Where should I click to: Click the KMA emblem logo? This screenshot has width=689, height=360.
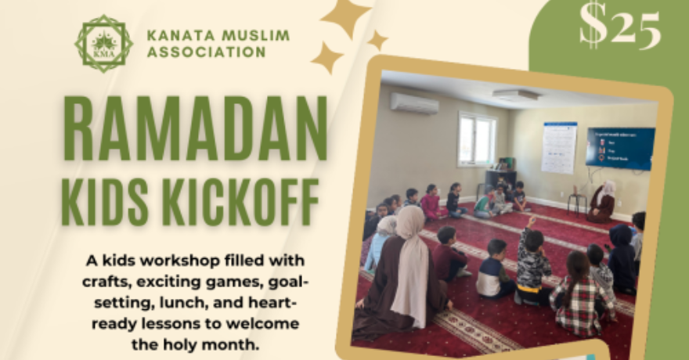[104, 43]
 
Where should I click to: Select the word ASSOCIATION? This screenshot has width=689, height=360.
[206, 53]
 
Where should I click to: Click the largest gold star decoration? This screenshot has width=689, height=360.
[345, 17]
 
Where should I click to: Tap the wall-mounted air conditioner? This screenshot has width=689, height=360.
[414, 103]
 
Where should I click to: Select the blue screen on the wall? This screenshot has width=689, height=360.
[620, 148]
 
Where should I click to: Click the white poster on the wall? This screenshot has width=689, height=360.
[559, 146]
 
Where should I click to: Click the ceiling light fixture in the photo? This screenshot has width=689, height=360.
[516, 95]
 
